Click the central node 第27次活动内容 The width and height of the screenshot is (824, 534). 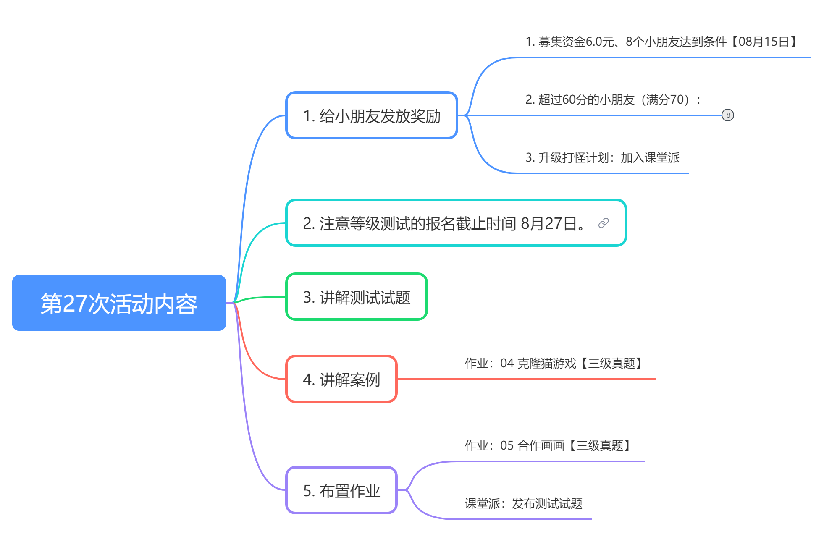click(119, 303)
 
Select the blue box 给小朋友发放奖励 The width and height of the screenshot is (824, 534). click(371, 115)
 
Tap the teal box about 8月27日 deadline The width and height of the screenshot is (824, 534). click(456, 223)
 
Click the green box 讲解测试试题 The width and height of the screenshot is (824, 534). click(356, 297)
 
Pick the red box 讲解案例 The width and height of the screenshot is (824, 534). click(341, 379)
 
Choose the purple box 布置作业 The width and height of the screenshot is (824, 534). click(341, 490)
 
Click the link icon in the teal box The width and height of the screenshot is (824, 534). click(604, 223)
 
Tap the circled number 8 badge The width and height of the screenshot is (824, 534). click(728, 115)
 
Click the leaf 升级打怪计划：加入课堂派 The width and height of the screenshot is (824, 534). click(602, 157)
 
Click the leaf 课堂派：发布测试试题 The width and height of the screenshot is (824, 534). click(523, 503)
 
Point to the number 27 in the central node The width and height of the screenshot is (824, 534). click(75, 304)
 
